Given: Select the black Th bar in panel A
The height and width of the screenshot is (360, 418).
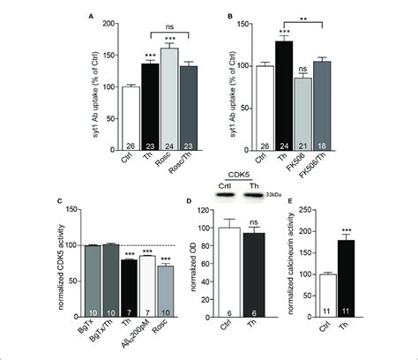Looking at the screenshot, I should pos(150,98).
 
